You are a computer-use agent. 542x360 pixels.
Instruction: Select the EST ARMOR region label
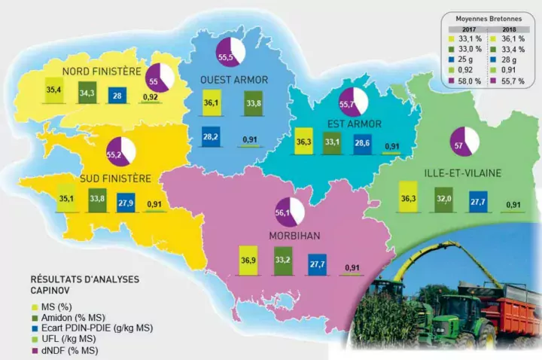pyautogui.click(x=354, y=124)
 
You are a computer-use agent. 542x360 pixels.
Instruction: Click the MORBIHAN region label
pyautogui.click(x=294, y=236)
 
